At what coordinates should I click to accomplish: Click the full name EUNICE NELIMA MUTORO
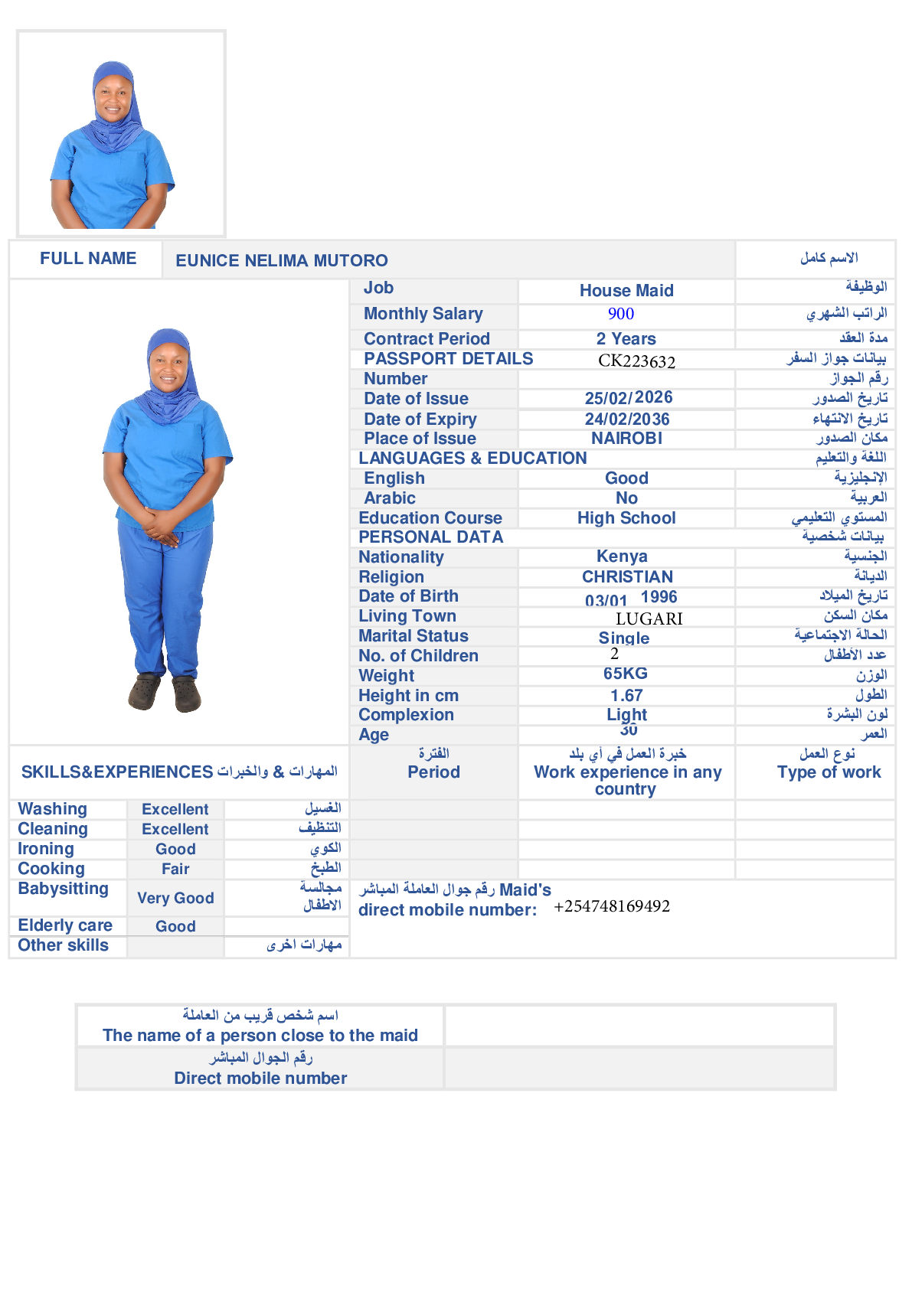tap(282, 260)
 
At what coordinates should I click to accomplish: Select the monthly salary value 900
tap(621, 314)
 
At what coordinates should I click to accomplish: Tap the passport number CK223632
tap(636, 361)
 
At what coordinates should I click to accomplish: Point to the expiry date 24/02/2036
tap(627, 419)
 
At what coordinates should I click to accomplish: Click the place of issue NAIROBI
tap(626, 439)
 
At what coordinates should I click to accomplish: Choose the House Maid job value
tap(626, 291)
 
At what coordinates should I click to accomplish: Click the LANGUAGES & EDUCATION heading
tap(472, 458)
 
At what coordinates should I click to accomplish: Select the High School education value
tap(626, 518)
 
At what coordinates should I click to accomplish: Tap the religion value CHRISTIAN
tap(627, 577)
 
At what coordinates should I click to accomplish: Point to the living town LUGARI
tap(649, 618)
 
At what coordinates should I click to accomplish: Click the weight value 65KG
tap(626, 674)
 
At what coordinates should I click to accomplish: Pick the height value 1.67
tap(626, 696)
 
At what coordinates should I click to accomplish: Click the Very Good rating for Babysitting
tap(175, 898)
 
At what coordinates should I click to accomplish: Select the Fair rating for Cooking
tap(175, 869)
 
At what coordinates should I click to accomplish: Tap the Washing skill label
tap(53, 809)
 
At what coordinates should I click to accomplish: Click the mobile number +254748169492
tap(612, 906)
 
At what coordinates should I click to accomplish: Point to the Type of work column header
tap(829, 772)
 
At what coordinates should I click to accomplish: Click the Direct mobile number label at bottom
tap(260, 1079)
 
